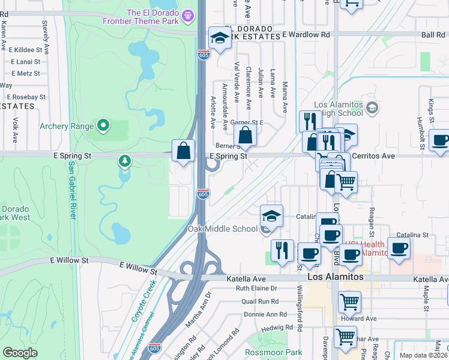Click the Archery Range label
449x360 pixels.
(x=67, y=126)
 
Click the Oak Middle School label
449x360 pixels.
(x=223, y=229)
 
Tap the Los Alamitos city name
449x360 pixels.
(x=336, y=277)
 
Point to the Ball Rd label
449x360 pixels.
(x=433, y=35)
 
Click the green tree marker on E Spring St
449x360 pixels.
(x=124, y=161)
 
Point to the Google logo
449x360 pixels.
(x=20, y=353)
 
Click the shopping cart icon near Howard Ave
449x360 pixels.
(x=349, y=302)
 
